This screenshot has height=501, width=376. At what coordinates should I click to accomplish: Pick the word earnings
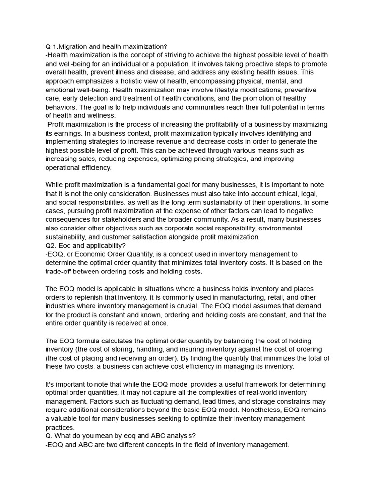pos(74,133)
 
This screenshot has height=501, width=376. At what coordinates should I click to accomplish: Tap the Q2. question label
pos(51,246)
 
